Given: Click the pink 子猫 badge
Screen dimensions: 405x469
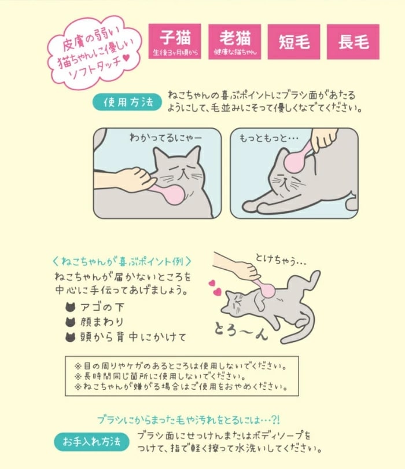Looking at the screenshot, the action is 175,41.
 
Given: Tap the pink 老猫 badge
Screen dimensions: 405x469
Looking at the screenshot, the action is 235,42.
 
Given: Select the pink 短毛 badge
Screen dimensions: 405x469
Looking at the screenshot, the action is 294,42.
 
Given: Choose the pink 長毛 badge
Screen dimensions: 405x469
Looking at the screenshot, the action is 353,42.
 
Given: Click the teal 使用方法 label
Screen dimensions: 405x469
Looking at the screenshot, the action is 127,102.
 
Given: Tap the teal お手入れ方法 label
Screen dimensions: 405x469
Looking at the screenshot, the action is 91,441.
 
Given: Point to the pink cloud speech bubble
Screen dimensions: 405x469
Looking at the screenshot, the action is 94,53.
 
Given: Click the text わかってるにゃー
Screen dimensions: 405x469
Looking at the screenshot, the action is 165,138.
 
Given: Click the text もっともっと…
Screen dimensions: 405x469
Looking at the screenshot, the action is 268,138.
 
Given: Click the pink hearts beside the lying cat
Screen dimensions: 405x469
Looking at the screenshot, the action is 215,287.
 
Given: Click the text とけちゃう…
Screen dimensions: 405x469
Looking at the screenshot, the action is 281,260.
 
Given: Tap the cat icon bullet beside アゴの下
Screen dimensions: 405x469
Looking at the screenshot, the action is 70,307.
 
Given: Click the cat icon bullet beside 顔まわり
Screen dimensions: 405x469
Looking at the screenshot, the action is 70,322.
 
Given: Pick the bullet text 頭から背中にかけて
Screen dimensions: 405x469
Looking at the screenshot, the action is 133,337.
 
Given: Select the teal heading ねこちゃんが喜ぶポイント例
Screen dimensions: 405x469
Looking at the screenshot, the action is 122,261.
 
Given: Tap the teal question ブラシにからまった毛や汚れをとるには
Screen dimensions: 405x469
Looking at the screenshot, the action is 189,420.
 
